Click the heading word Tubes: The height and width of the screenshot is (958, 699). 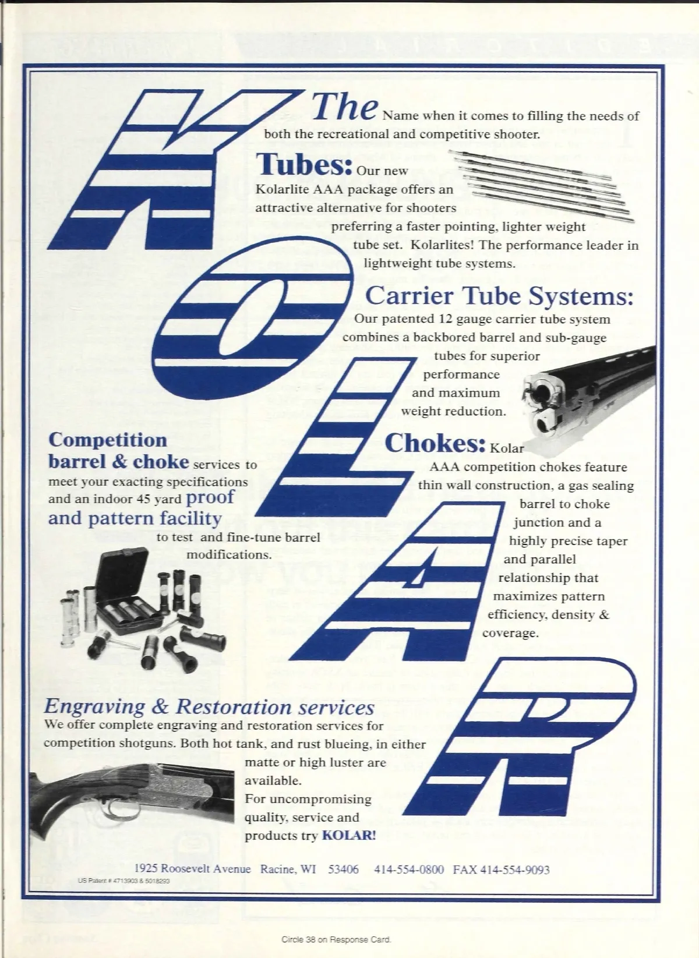(x=304, y=164)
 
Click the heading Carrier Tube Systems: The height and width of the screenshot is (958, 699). (x=499, y=296)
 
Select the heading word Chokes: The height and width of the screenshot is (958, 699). (x=435, y=443)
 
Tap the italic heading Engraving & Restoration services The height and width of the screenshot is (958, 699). (x=209, y=707)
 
